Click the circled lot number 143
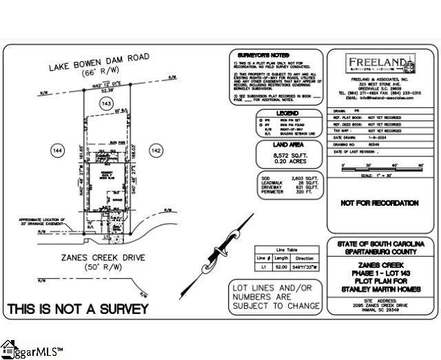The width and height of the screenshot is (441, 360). tap(106, 103)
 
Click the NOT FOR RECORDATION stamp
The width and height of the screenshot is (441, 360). tap(380, 203)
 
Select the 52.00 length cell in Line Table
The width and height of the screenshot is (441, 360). tap(283, 264)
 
